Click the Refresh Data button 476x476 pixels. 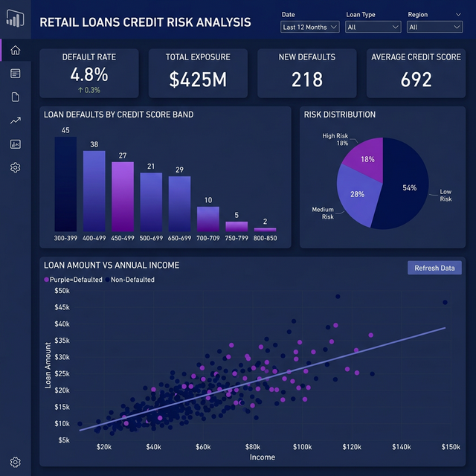pos(435,268)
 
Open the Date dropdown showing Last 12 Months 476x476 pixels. pos(310,27)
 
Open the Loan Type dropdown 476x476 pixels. pos(373,27)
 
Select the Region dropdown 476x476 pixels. pos(434,27)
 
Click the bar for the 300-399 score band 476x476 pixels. pos(65,184)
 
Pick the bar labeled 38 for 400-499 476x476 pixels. pos(94,191)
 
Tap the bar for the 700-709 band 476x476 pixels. pos(208,219)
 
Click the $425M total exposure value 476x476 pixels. pos(198,80)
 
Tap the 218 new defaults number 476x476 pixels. pos(306,80)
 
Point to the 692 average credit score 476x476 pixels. pos(416,80)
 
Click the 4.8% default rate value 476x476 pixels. pos(89,74)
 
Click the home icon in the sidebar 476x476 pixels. pos(16,51)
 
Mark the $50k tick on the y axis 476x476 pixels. pos(62,291)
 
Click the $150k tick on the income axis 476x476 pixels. pos(451,447)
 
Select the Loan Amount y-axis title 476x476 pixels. pos(48,365)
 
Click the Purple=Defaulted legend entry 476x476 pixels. pos(74,280)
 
